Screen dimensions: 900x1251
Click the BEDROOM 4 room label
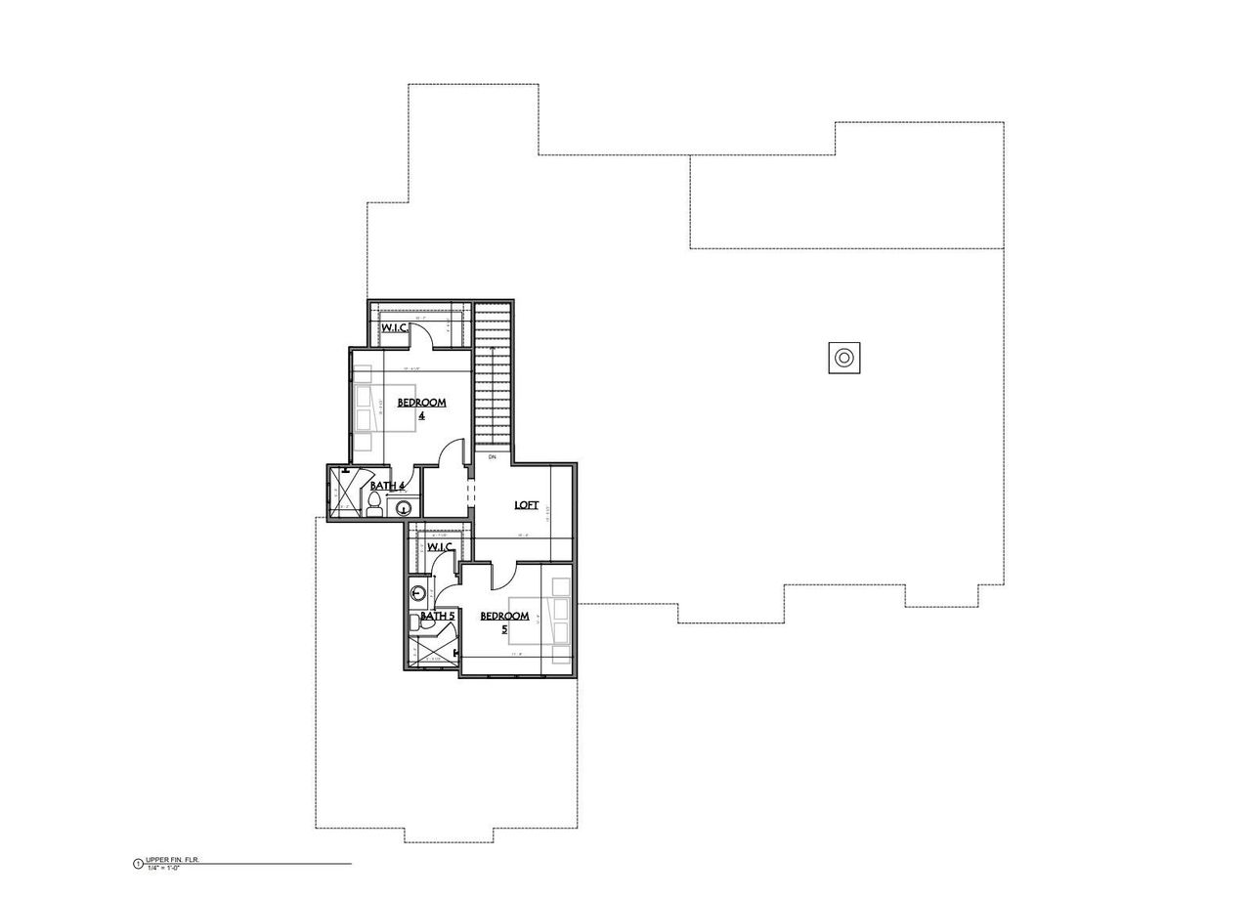click(x=421, y=407)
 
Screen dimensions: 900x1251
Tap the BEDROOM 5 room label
click(x=505, y=621)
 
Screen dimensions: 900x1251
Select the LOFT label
click(x=527, y=504)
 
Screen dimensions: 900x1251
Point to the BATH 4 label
click(x=388, y=486)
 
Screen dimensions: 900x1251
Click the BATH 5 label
click(x=437, y=616)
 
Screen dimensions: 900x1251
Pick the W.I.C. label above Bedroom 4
click(x=395, y=327)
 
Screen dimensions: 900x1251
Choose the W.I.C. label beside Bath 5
click(x=441, y=546)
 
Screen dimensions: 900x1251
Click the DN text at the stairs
click(x=493, y=456)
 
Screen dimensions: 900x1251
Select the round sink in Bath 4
click(x=404, y=507)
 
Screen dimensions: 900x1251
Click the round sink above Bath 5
click(x=418, y=593)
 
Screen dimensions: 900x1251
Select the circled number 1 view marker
click(x=138, y=864)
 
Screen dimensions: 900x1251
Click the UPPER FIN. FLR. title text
click(x=172, y=861)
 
